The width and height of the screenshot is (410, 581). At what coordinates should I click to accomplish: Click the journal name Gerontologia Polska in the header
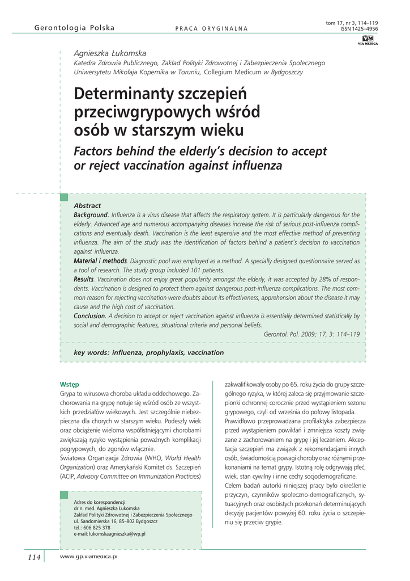pyautogui.click(x=74, y=28)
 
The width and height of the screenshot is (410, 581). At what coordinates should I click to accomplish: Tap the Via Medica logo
pyautogui.click(x=368, y=39)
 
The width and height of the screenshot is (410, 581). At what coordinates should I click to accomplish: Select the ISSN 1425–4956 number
pyautogui.click(x=359, y=28)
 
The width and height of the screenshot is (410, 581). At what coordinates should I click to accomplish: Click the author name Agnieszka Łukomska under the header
pyautogui.click(x=110, y=52)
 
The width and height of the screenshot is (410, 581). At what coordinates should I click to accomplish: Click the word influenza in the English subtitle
pyautogui.click(x=253, y=166)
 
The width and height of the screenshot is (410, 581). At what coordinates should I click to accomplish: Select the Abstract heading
pyautogui.click(x=87, y=205)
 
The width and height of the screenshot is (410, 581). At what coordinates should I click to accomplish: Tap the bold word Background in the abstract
pyautogui.click(x=91, y=215)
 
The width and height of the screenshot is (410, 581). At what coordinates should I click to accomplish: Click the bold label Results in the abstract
pyautogui.click(x=84, y=279)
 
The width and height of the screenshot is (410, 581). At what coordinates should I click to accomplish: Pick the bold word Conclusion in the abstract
pyautogui.click(x=90, y=315)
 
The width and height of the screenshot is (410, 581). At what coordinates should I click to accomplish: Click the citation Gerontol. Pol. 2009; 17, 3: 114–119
pyautogui.click(x=311, y=334)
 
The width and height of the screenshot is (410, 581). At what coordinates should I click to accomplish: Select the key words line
pyautogui.click(x=149, y=352)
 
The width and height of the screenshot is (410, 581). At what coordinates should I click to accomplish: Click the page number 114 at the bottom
pyautogui.click(x=34, y=557)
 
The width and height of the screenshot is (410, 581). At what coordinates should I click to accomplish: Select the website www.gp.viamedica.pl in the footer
pyautogui.click(x=88, y=557)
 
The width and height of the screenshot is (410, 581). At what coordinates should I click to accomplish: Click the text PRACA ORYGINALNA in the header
pyautogui.click(x=211, y=28)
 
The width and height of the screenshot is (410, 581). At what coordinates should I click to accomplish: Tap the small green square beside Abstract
pyautogui.click(x=65, y=197)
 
